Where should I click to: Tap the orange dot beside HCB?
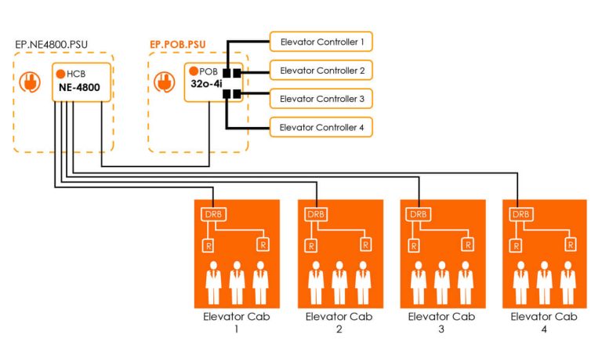(x=60, y=73)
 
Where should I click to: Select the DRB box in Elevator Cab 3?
(x=419, y=214)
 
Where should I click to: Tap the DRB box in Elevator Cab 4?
(x=520, y=214)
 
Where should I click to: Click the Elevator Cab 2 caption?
(x=339, y=322)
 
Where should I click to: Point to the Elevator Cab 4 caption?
(x=545, y=322)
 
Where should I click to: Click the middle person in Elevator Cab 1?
(x=237, y=283)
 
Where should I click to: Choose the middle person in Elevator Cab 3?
(x=442, y=283)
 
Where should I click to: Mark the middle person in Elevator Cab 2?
(x=339, y=283)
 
